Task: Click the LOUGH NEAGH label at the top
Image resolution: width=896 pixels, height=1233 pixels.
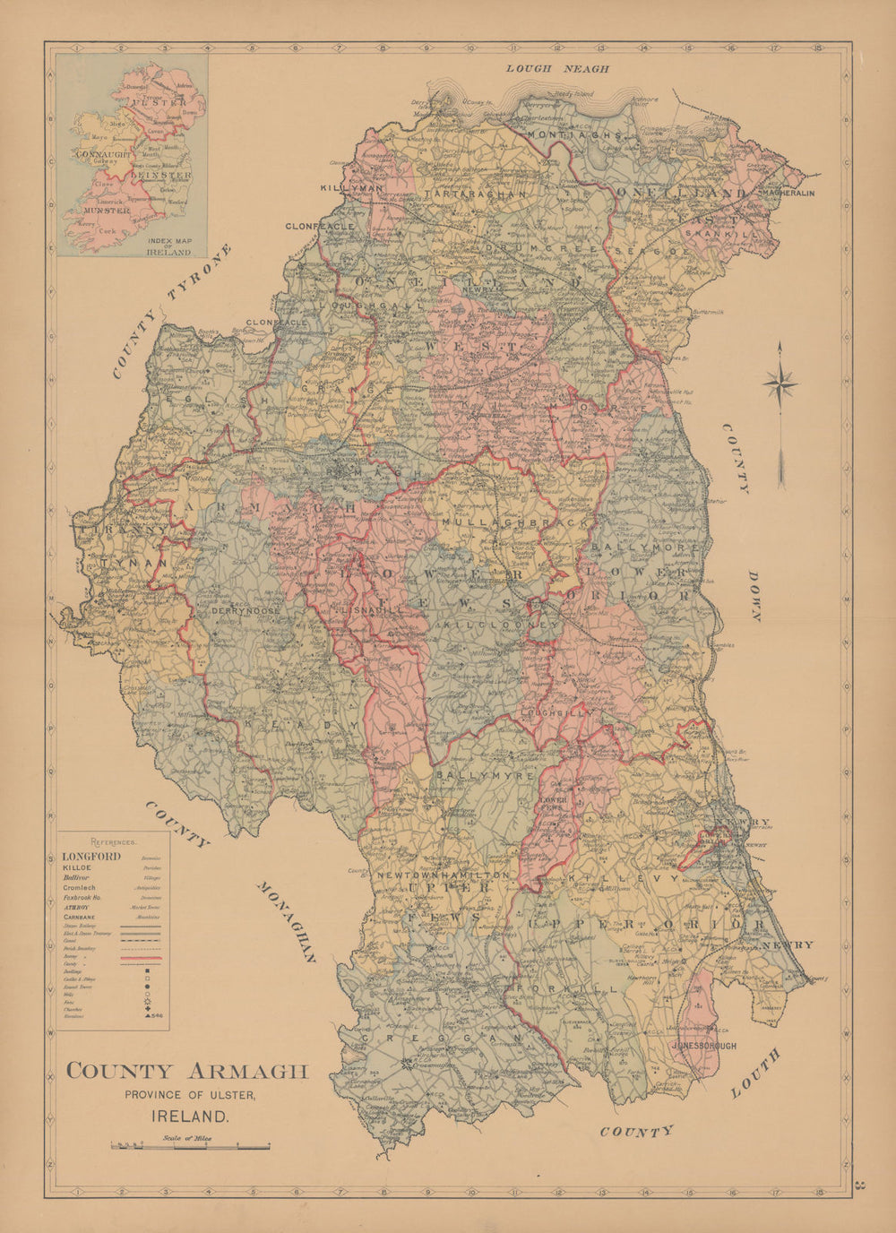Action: [556, 68]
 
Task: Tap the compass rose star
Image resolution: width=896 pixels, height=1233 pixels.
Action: [780, 385]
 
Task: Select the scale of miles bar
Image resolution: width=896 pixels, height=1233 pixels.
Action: [190, 1146]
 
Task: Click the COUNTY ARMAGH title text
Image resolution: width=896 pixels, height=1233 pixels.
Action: [187, 1072]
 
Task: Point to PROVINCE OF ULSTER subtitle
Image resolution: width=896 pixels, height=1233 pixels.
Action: [191, 1095]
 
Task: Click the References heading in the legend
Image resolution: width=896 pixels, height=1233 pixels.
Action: [114, 842]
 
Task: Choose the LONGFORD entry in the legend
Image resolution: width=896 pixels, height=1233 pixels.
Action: [91, 857]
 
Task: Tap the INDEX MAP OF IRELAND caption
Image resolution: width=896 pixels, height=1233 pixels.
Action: [169, 247]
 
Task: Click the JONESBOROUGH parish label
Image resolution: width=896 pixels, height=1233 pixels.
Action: [703, 1046]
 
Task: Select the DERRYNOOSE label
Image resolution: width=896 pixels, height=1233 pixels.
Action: [245, 611]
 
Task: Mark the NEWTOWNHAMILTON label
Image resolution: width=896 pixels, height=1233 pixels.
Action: [443, 875]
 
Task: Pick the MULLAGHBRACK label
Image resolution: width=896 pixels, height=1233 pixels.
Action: [515, 521]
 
